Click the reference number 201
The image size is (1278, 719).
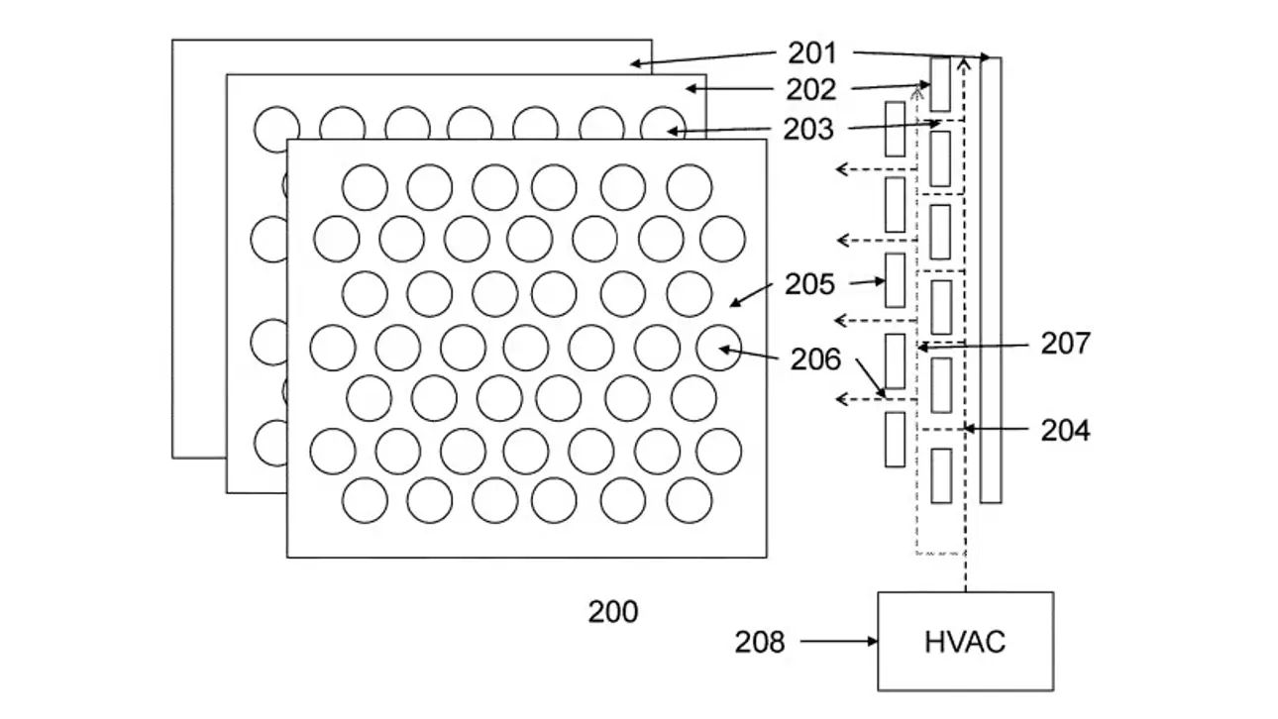click(811, 53)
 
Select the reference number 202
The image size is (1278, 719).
click(810, 89)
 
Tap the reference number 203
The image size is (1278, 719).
click(807, 130)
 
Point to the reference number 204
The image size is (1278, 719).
click(1065, 431)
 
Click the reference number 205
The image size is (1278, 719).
click(809, 284)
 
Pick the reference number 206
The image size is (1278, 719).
click(815, 359)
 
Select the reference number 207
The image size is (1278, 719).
click(1065, 344)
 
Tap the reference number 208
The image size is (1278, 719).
click(760, 642)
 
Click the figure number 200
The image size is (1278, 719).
click(613, 612)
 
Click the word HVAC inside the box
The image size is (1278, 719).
click(965, 642)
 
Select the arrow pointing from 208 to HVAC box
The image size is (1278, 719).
click(839, 642)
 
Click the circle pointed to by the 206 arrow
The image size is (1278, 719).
click(719, 348)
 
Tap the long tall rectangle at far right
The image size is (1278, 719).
click(991, 280)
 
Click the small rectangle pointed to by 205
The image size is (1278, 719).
click(896, 280)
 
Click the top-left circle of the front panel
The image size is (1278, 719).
click(366, 187)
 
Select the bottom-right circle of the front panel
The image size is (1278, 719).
click(690, 500)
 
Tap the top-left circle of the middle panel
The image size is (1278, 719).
click(276, 130)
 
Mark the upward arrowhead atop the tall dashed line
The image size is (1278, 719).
click(964, 61)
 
